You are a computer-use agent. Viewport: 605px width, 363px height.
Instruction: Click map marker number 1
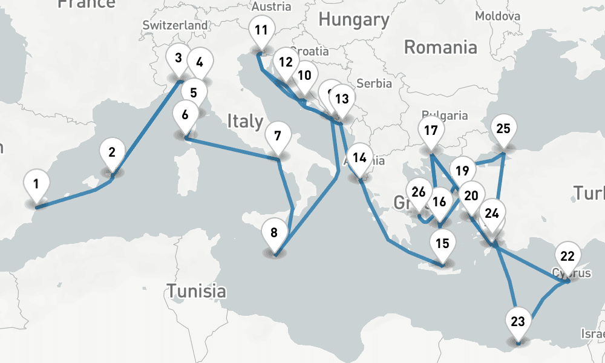(x=37, y=183)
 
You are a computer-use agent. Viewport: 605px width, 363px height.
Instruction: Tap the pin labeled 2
(x=112, y=152)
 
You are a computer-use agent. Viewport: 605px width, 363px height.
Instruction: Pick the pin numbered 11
(x=261, y=30)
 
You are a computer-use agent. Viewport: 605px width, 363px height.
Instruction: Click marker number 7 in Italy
(x=277, y=136)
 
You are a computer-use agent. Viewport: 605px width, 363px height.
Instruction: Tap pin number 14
(x=360, y=158)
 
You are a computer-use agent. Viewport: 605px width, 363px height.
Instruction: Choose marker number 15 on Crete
(x=442, y=243)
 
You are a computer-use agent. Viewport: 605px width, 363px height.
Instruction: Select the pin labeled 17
(x=431, y=130)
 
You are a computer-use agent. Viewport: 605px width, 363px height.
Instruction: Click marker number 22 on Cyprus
(x=567, y=255)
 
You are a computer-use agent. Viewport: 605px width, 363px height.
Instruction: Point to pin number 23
(x=518, y=321)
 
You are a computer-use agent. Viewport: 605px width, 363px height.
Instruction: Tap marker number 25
(x=503, y=128)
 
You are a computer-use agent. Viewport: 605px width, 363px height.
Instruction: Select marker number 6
(x=185, y=114)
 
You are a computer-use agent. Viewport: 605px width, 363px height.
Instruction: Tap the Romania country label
(x=440, y=47)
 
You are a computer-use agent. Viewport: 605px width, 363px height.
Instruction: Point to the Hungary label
(x=354, y=19)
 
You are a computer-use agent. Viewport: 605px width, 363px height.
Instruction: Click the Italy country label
(x=245, y=121)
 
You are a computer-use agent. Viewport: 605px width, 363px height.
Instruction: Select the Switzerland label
(x=175, y=25)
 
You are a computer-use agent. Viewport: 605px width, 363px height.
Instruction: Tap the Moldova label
(x=497, y=15)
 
